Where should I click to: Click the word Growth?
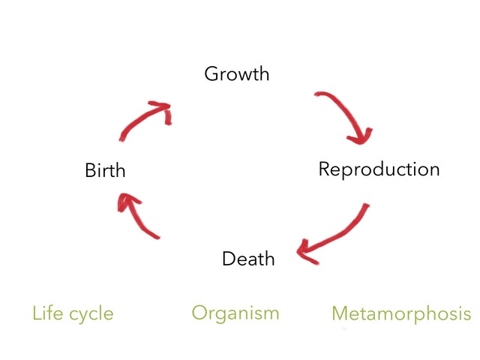[x=236, y=74]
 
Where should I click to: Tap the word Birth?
[x=105, y=171]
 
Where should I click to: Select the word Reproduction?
[x=379, y=169]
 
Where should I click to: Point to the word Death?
[x=248, y=259]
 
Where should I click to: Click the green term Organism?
[x=235, y=313]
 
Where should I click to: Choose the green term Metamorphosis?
[x=401, y=313]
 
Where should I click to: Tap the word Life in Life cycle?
[x=47, y=313]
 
